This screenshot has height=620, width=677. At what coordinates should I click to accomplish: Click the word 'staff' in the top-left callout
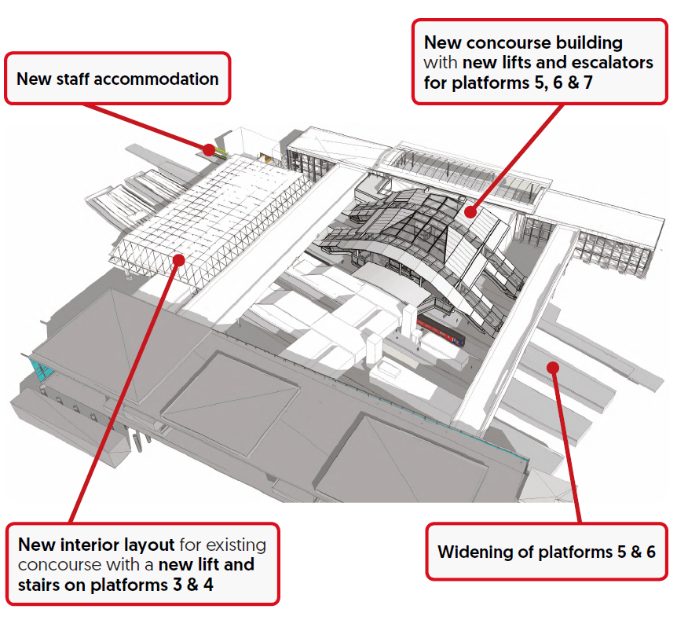pos(69,79)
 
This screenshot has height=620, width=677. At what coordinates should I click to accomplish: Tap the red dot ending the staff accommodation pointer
pos(209,149)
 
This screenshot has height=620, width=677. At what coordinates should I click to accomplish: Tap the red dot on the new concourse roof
pos(470,211)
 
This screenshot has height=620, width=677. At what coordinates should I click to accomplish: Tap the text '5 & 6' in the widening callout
pos(636,552)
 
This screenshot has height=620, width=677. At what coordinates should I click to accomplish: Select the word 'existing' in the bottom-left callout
pos(235,545)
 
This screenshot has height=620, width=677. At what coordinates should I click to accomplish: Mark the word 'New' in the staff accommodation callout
pos(31,79)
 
